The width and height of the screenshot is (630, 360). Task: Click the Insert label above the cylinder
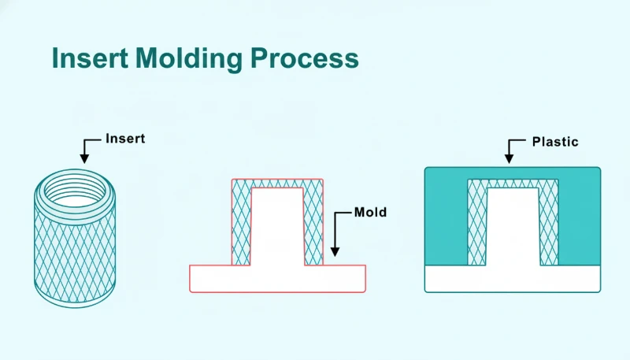click(125, 139)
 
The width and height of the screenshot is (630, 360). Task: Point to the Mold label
click(370, 213)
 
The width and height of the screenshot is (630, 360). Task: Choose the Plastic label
click(554, 142)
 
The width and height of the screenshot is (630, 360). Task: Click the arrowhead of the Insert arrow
click(85, 160)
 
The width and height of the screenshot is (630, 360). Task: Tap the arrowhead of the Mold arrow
click(335, 252)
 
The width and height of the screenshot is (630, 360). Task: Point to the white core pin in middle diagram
click(277, 228)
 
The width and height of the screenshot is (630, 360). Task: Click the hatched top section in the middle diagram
click(277, 184)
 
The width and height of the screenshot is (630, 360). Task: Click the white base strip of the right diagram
click(512, 279)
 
